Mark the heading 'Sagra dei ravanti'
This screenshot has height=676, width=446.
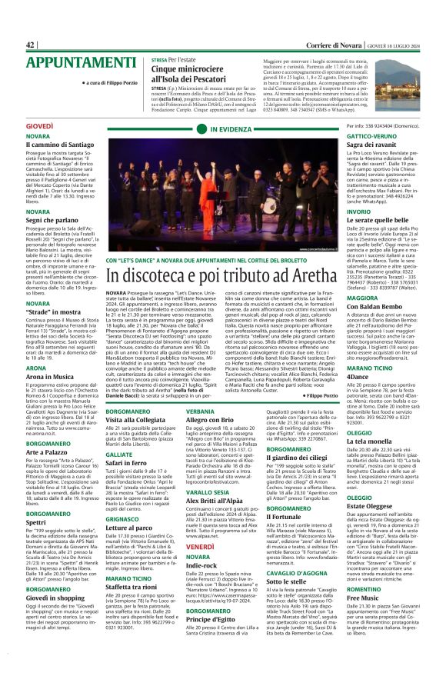tap(354, 145)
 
